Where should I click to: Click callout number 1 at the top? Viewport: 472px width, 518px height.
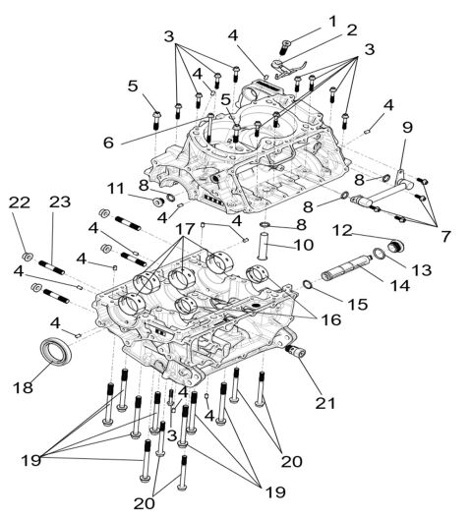pyautogui.click(x=331, y=20)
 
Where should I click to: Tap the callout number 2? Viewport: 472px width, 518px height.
pyautogui.click(x=351, y=32)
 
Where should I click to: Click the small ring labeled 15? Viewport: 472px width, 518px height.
pyautogui.click(x=308, y=285)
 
